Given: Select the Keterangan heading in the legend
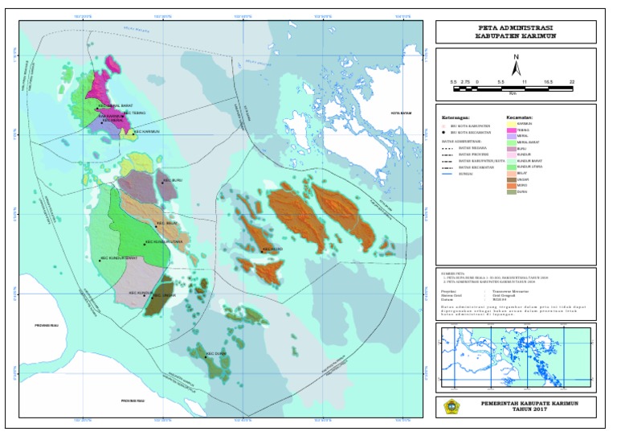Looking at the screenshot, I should pyautogui.click(x=456, y=117).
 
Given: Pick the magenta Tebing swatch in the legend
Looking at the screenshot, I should pyautogui.click(x=510, y=130).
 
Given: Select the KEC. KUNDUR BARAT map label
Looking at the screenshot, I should pyautogui.click(x=119, y=259).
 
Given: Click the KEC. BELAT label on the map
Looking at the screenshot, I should pyautogui.click(x=165, y=223).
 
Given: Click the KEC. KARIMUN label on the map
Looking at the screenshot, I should pyautogui.click(x=146, y=132).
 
